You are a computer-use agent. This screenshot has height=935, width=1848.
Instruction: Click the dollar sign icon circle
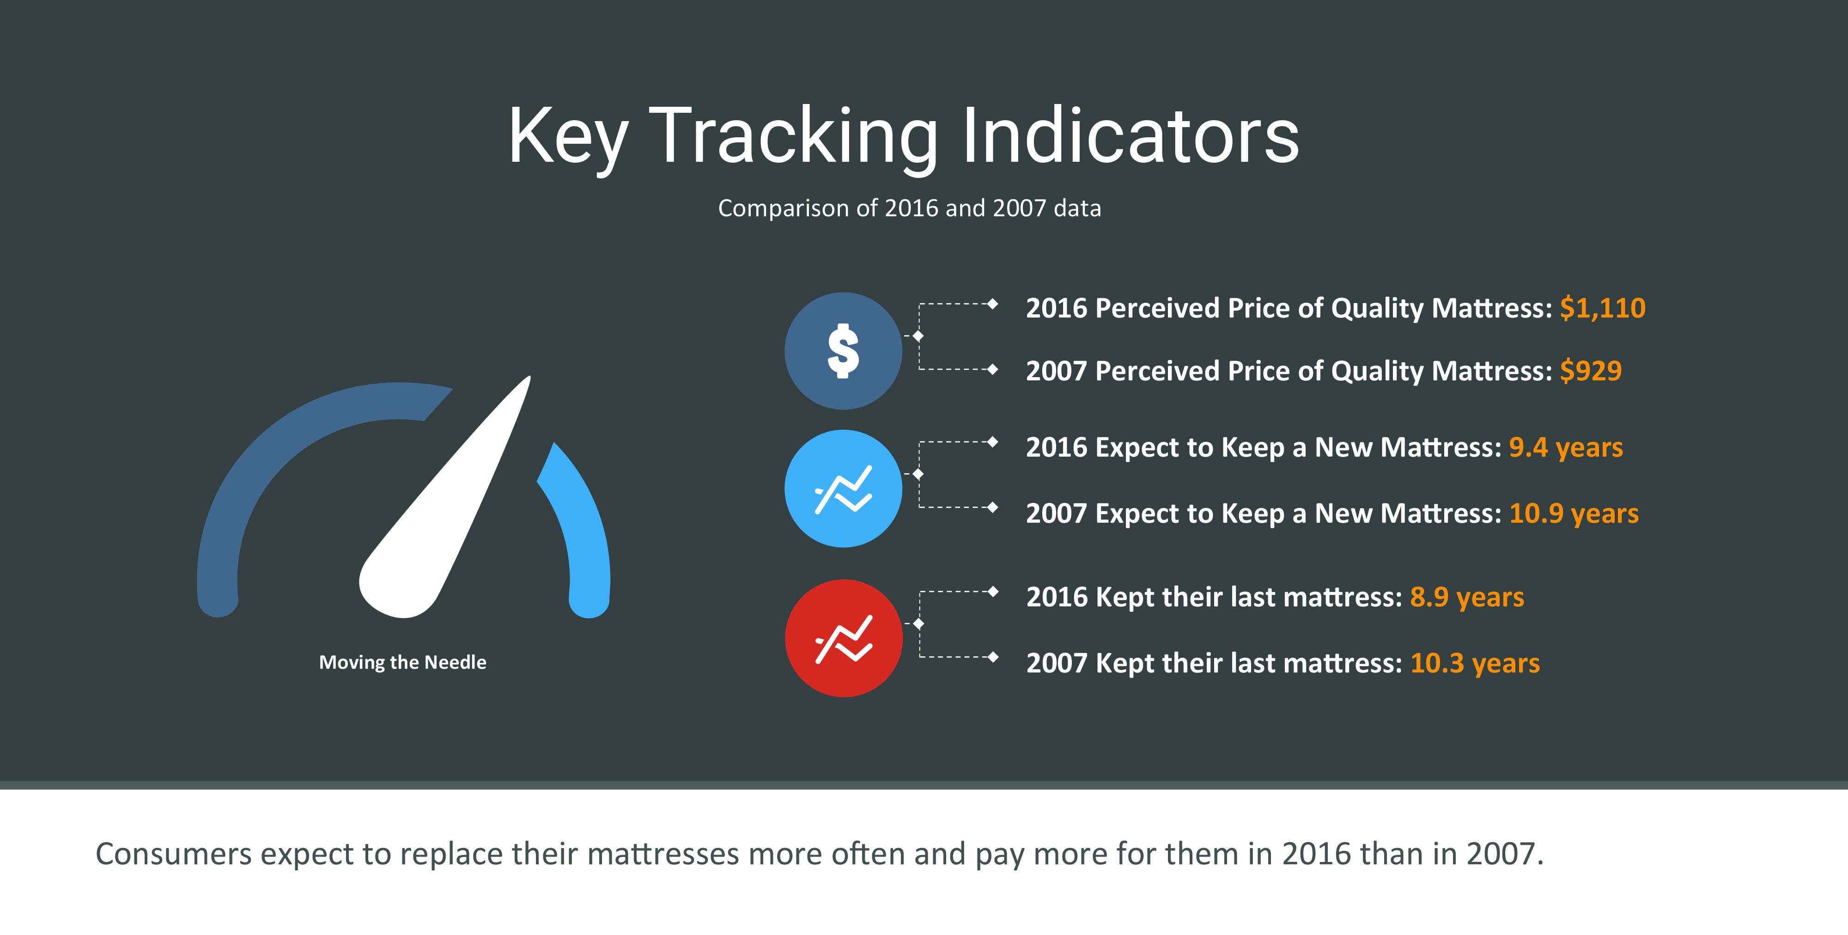pos(843,351)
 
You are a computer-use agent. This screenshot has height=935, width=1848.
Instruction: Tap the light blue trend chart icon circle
pos(843,489)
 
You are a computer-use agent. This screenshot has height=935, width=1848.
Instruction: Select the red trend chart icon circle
pos(844,638)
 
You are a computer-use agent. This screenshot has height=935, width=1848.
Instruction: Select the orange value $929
pos(1591,371)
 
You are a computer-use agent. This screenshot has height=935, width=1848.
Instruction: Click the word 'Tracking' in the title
pos(793,136)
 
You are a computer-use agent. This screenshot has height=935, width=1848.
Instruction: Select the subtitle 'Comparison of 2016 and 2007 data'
pos(910,208)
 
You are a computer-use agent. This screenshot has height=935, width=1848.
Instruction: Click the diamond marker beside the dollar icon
pos(918,336)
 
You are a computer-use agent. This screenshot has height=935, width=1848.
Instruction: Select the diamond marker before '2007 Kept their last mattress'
pos(993,657)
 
